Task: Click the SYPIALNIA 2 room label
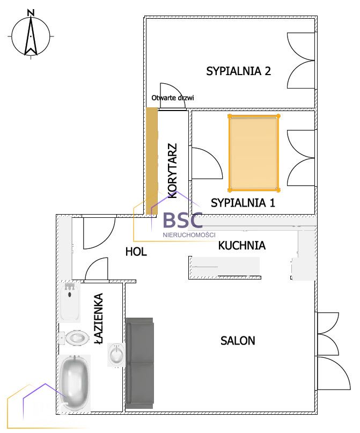tap(239, 71)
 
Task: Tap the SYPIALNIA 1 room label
tap(243, 203)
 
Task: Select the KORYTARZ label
tap(172, 171)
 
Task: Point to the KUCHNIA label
tap(242, 246)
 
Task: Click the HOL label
tap(136, 252)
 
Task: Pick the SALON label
tap(238, 341)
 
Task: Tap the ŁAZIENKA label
tap(98, 318)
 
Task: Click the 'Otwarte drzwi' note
tap(173, 98)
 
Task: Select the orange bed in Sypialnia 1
tap(254, 153)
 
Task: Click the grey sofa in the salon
tap(139, 363)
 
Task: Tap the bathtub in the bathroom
tap(75, 383)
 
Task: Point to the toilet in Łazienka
tap(75, 337)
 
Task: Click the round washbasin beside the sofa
tap(116, 355)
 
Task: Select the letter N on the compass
tap(31, 13)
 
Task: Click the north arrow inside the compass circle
tap(31, 36)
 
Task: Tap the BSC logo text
tap(183, 220)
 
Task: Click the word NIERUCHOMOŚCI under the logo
tap(189, 235)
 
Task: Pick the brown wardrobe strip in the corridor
tap(151, 161)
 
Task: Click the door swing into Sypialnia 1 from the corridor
tap(207, 163)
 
